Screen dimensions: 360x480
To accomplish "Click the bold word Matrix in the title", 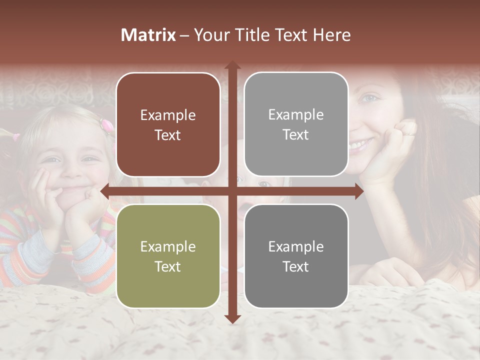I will (x=148, y=35).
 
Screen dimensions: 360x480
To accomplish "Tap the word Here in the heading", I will (x=331, y=35).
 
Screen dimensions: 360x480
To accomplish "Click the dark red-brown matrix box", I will (x=168, y=124).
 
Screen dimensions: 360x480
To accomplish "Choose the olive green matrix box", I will (x=168, y=256).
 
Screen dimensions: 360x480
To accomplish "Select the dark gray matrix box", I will (x=296, y=256).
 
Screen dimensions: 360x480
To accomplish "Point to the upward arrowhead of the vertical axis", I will (x=232, y=65).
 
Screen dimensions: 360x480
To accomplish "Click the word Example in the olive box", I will (x=168, y=246).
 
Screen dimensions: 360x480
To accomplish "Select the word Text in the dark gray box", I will (x=296, y=266).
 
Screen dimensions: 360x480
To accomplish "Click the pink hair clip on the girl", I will (x=106, y=123).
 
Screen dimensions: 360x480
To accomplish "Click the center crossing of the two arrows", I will (x=232, y=191).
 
